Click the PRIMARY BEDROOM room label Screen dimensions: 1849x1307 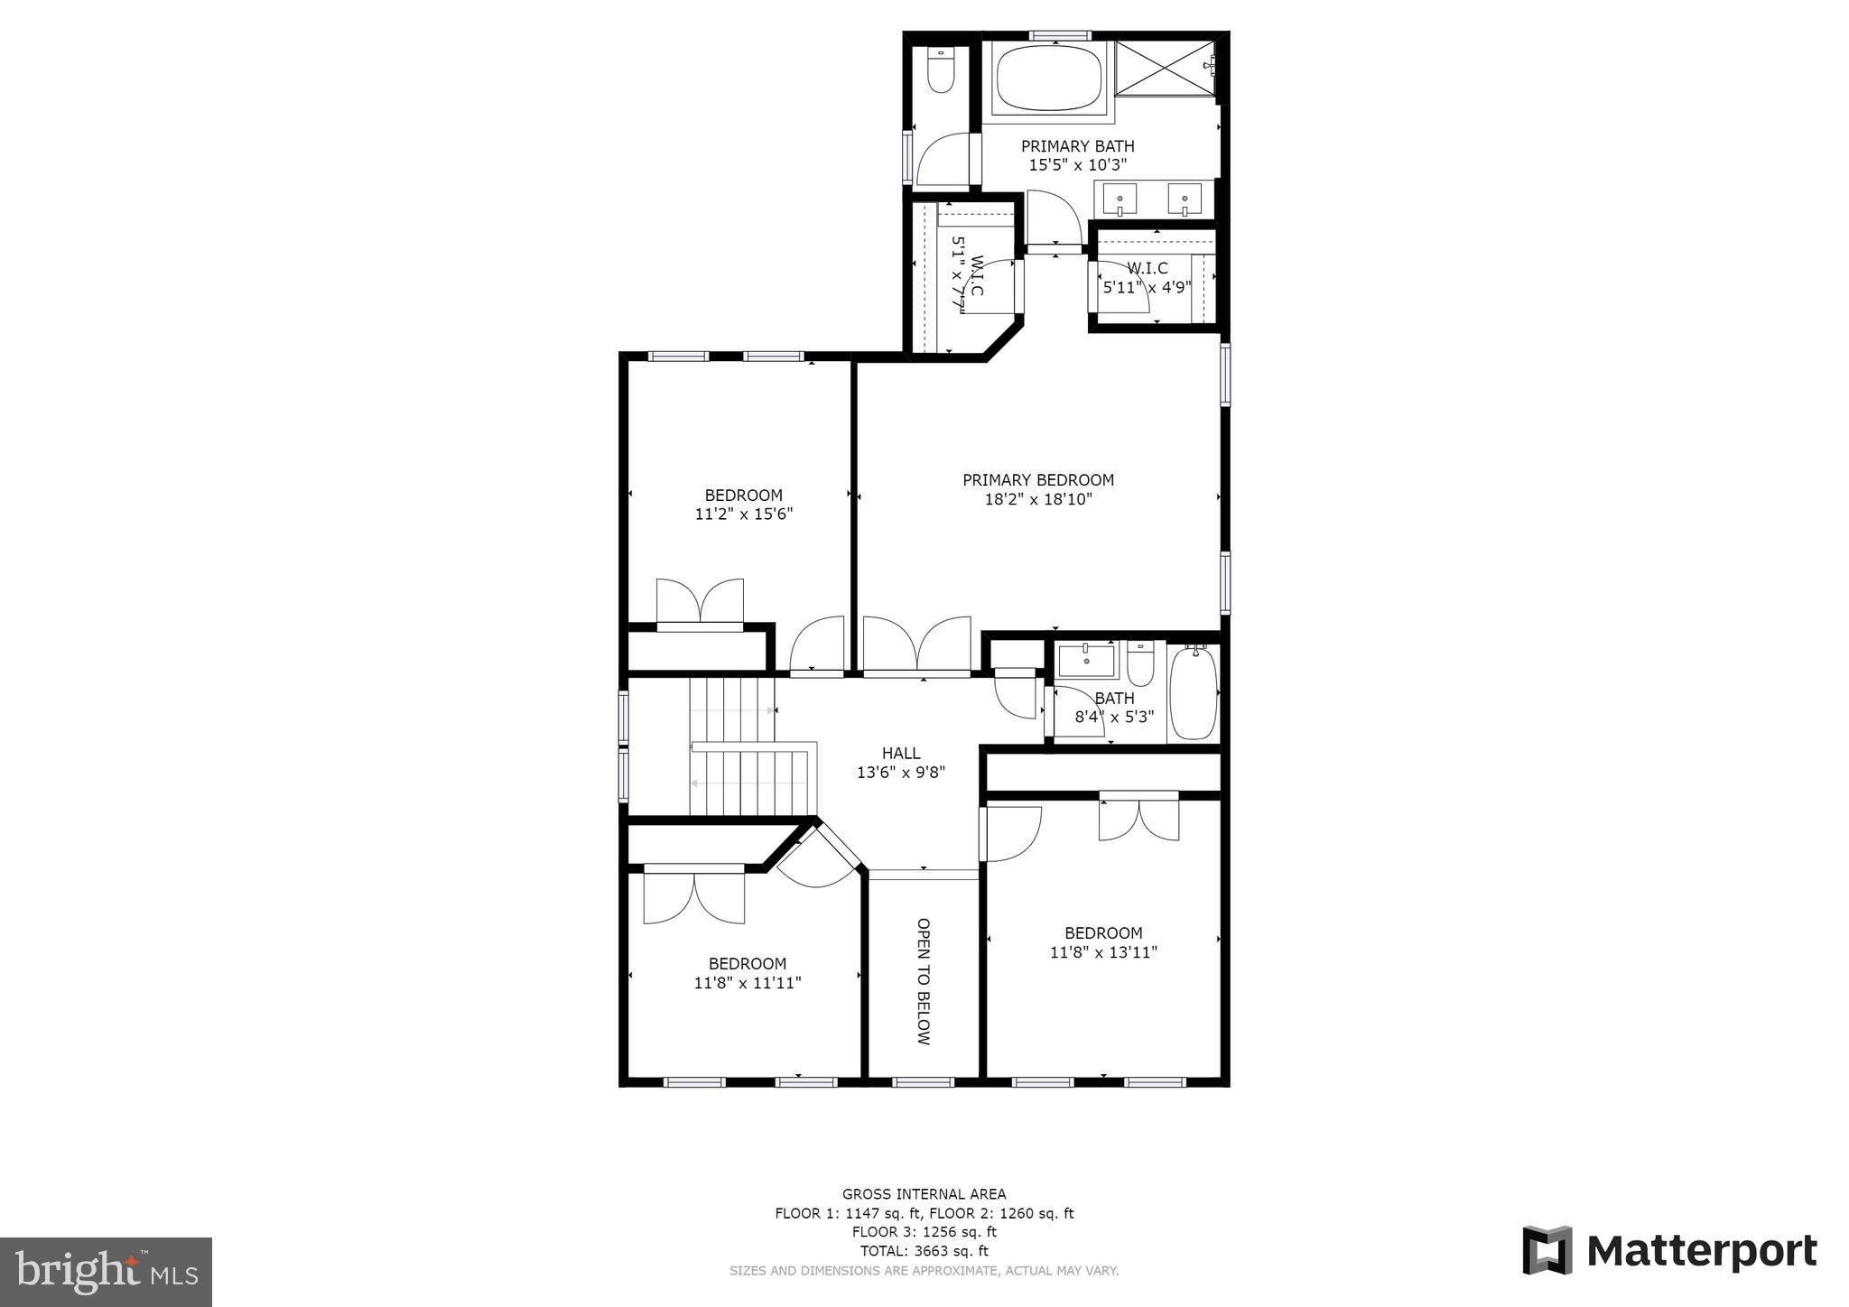click(1038, 480)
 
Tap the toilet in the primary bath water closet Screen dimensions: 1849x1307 click(941, 71)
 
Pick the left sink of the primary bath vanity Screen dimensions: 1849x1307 click(1120, 199)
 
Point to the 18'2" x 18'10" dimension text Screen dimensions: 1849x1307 click(1038, 499)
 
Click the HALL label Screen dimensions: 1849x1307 click(901, 753)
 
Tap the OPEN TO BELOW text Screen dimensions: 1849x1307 click(923, 981)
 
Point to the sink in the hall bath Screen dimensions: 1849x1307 click(1087, 659)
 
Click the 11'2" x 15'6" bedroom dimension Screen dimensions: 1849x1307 click(744, 514)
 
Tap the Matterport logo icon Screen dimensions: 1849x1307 click(1547, 1250)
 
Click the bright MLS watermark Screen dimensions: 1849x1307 click(106, 1272)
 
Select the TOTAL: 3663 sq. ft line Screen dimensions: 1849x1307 click(924, 1251)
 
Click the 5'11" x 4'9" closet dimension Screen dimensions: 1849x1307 click(1147, 288)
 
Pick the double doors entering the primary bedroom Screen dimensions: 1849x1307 click(917, 645)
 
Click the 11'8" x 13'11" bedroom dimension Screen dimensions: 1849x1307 click(1103, 952)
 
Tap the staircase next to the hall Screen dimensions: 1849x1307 click(749, 749)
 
